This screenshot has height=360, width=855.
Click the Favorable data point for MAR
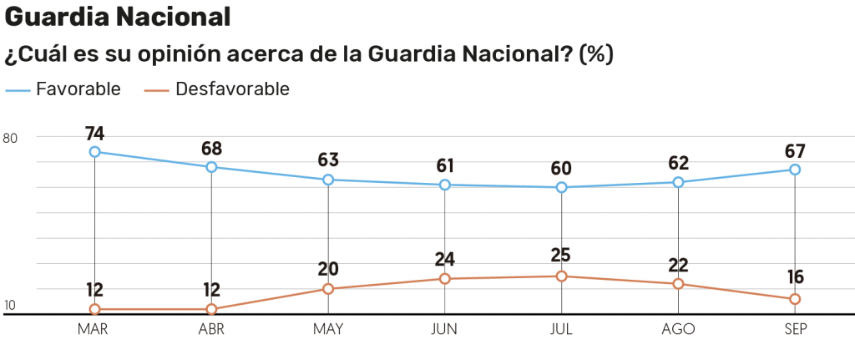tap(95, 152)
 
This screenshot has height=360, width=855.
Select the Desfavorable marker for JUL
tap(562, 276)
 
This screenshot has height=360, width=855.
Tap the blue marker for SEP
tap(795, 170)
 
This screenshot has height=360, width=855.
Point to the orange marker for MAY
tap(328, 289)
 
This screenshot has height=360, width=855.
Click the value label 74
tap(95, 134)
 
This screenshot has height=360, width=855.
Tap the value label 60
tap(562, 168)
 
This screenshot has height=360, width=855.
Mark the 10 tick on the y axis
tap(10, 306)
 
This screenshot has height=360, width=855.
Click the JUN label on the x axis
tap(444, 329)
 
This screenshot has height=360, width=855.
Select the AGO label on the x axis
tap(678, 329)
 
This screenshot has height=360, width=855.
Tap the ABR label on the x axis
tap(211, 329)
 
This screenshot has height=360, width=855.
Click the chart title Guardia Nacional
tap(117, 16)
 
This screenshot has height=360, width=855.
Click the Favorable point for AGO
tap(678, 182)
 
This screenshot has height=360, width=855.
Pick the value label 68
tap(211, 149)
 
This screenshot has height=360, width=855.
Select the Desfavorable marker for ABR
tap(211, 310)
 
